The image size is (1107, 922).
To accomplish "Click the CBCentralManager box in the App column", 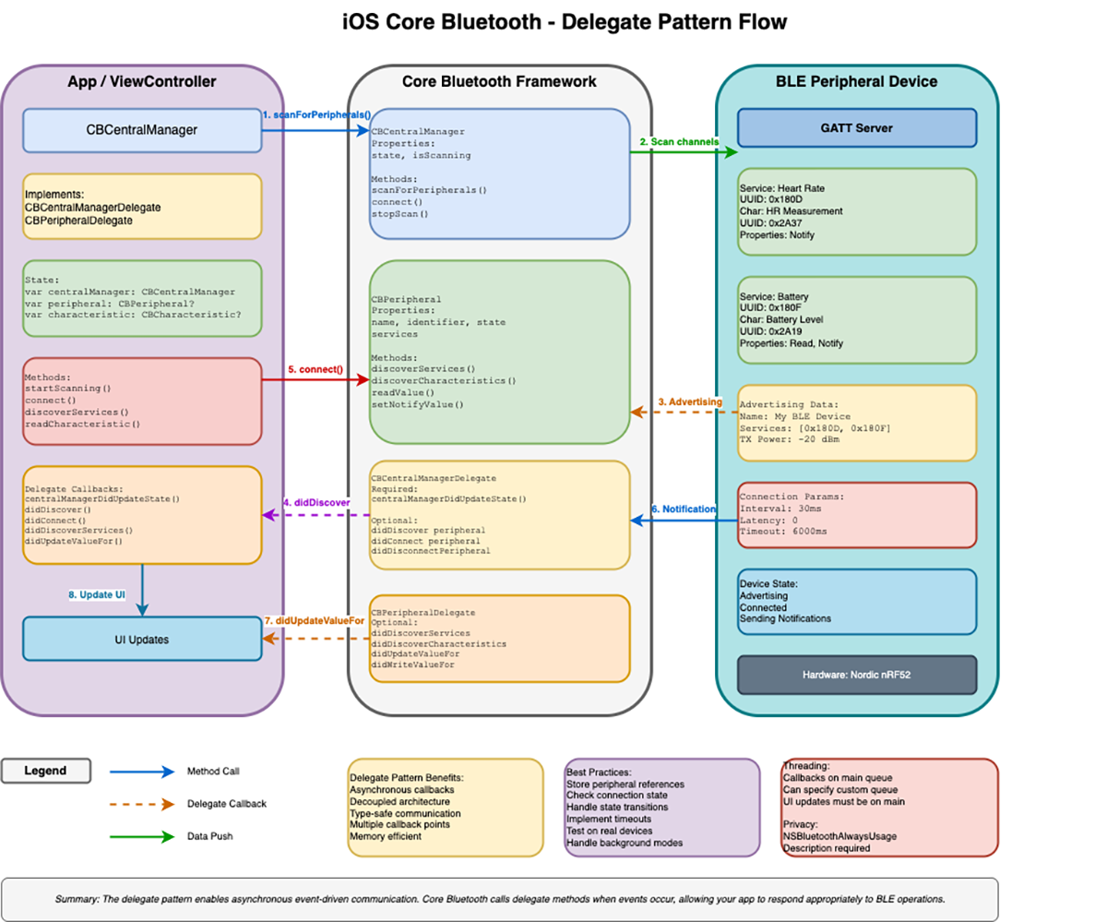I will click(x=142, y=130).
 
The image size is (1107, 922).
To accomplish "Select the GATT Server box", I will click(x=856, y=127).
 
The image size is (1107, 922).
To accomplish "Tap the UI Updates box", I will click(x=142, y=639).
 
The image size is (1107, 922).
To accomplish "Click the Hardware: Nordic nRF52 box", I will click(x=856, y=675).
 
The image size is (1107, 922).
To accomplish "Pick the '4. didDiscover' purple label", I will click(x=316, y=502).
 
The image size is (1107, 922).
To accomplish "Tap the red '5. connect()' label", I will click(x=315, y=369).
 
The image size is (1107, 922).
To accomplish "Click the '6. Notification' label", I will click(x=684, y=509).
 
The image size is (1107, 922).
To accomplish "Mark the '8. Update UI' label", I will click(x=97, y=595).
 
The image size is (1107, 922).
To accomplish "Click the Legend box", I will click(x=46, y=770).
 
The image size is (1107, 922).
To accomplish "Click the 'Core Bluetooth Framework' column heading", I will click(x=499, y=82).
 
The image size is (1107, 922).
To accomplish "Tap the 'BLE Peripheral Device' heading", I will click(x=856, y=82).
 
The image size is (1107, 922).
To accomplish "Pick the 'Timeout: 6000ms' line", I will click(x=783, y=532).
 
